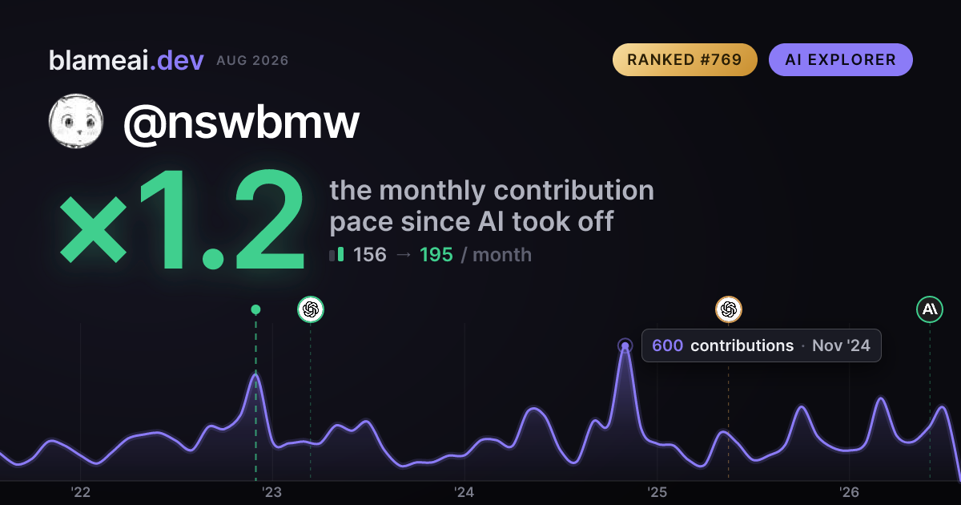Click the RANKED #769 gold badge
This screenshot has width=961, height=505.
[x=685, y=59]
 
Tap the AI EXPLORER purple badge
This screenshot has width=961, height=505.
[x=840, y=59]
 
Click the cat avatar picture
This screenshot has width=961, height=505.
[x=76, y=121]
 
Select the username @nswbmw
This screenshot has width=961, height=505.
[x=241, y=123]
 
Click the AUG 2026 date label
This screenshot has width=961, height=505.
[x=253, y=61]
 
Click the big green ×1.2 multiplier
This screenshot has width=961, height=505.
[x=183, y=220]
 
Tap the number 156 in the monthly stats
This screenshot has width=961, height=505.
[x=370, y=255]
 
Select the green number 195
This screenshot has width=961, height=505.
[x=436, y=255]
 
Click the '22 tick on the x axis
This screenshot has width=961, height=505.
[x=80, y=491]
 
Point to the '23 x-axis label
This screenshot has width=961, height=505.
[x=272, y=491]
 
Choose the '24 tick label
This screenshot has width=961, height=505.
[x=464, y=491]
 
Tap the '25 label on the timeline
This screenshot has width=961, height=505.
[x=657, y=491]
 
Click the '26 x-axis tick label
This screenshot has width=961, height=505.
[x=849, y=491]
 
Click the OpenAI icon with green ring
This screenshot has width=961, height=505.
[x=311, y=309]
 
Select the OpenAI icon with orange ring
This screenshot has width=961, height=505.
[x=729, y=309]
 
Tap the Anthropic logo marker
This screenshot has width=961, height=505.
[x=930, y=309]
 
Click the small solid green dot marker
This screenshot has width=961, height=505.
[x=255, y=309]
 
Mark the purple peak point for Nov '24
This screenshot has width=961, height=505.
[x=625, y=345]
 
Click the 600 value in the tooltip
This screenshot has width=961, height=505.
[x=668, y=345]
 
